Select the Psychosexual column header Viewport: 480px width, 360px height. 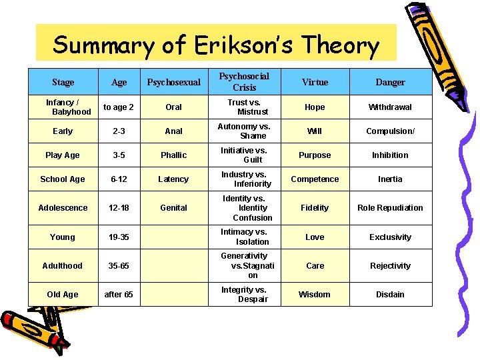[x=173, y=82]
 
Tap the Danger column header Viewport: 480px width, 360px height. [x=390, y=82]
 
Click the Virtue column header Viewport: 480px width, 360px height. [x=315, y=82]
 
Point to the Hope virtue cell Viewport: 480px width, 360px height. [x=315, y=107]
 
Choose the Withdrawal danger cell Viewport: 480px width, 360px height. [x=390, y=107]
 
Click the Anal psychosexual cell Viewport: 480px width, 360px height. [x=173, y=131]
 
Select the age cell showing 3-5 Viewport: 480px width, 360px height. [x=119, y=155]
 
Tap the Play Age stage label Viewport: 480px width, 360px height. [x=63, y=155]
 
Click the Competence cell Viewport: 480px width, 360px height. [x=315, y=179]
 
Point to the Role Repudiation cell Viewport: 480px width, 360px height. [x=390, y=207]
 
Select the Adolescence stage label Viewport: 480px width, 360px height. [x=63, y=207]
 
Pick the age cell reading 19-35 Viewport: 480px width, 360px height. [x=119, y=237]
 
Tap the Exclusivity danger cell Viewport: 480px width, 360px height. [x=390, y=237]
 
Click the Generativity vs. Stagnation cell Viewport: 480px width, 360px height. [x=247, y=265]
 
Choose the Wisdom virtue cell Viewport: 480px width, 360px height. [x=315, y=294]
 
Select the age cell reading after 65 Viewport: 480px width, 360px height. [x=119, y=294]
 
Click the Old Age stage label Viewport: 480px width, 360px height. [x=63, y=294]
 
